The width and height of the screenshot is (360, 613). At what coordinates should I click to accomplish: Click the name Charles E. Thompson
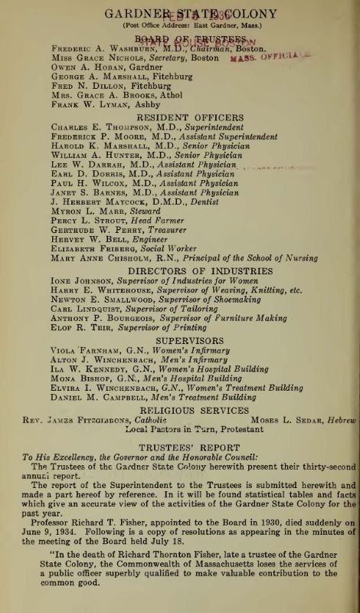[x=93, y=125]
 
